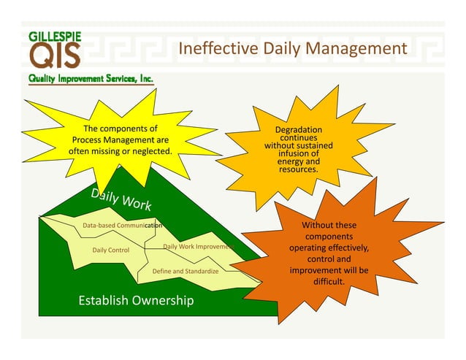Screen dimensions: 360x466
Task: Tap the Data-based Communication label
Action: [122, 226]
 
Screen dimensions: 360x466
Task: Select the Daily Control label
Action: [111, 250]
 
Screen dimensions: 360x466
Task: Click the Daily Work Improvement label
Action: [196, 247]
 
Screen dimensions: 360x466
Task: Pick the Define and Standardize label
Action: [186, 271]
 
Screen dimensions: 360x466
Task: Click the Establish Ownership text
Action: [136, 300]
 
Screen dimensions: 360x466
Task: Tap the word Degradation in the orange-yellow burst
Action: [298, 130]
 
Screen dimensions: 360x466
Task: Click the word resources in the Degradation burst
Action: [298, 169]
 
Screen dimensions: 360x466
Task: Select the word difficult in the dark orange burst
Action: [329, 281]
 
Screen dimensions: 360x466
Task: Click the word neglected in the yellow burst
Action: [150, 151]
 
